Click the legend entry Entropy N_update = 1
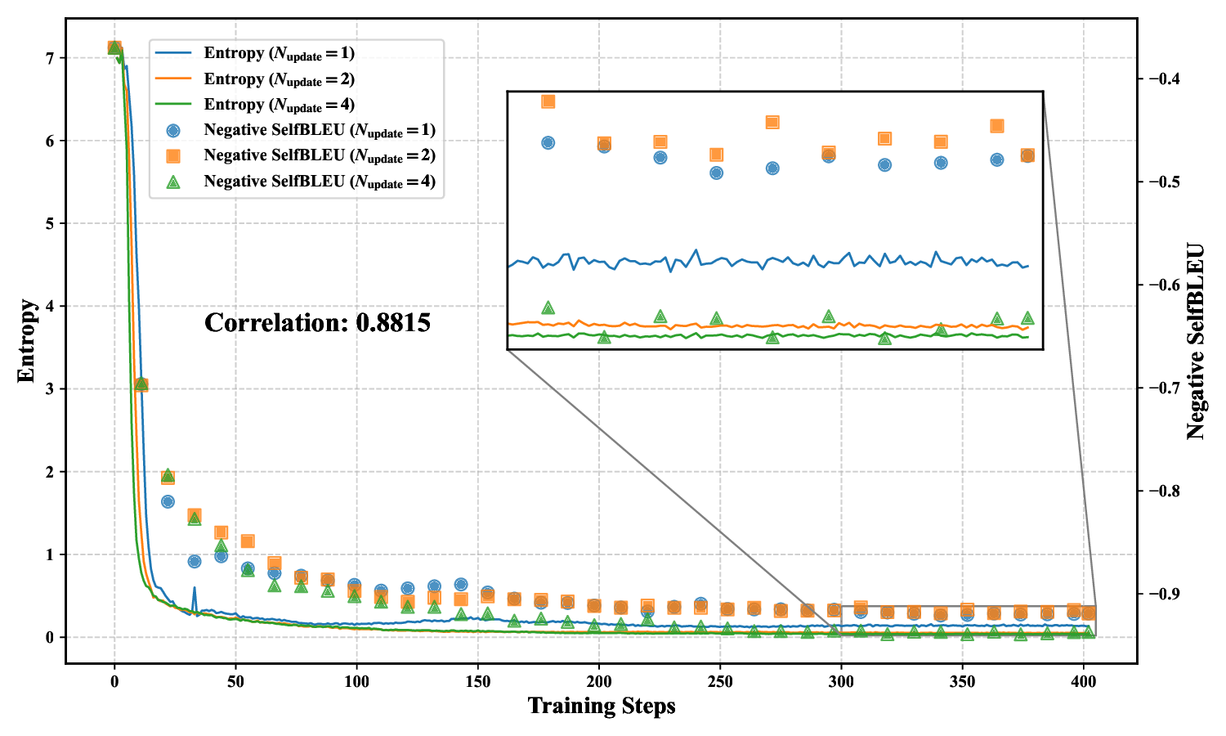coord(279,54)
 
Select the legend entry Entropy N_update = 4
coord(279,105)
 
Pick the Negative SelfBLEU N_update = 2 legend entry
coord(319,155)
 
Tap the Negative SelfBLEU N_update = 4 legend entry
coord(319,182)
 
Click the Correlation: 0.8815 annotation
coord(317,323)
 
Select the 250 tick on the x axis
coord(720,681)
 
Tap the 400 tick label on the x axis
coord(1083,681)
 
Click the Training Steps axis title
coord(602,706)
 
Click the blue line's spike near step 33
coord(195,588)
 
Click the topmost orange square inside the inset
coord(548,101)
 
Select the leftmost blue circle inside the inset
coord(548,142)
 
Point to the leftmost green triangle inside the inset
coord(548,307)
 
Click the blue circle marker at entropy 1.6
coord(168,501)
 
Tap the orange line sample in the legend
coord(172,79)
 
